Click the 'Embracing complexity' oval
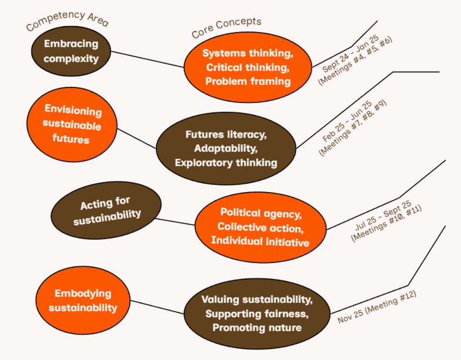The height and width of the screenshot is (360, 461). pos(71,51)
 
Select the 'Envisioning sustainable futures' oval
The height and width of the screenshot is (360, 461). pos(72,124)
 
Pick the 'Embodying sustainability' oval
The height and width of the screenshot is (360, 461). pos(83,301)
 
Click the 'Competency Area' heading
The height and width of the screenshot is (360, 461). pos(68,20)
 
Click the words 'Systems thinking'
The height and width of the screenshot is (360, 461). pos(248,53)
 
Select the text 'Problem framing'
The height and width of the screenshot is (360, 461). pos(248,81)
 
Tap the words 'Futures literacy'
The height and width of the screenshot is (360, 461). pos(226,134)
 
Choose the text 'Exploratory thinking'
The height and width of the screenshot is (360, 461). pos(226,162)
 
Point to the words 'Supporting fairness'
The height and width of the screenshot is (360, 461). pos(257,313)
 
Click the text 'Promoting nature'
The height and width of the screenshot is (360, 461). pos(257,328)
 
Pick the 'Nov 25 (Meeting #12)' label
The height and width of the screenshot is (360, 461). pos(377,307)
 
